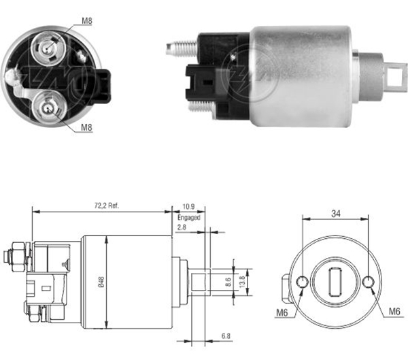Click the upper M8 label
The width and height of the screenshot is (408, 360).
[x=87, y=21]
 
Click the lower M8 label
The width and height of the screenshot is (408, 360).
[x=86, y=127]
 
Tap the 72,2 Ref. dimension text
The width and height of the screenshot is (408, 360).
[x=107, y=206]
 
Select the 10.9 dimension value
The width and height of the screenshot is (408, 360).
[x=188, y=207]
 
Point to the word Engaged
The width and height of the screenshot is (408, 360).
[x=189, y=218]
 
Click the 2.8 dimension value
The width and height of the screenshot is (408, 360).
[x=182, y=227]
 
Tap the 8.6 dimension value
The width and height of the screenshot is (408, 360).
[x=228, y=282]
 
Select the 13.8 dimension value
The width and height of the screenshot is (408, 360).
[x=242, y=282]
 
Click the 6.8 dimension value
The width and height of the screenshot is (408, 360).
[x=226, y=336]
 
